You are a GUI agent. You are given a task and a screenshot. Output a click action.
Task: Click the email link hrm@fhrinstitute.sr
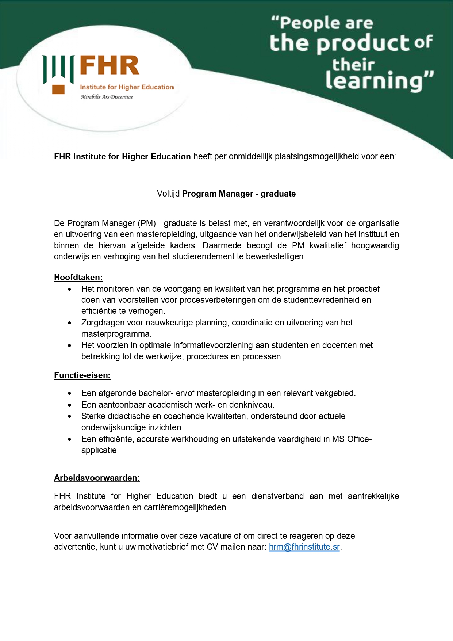304,547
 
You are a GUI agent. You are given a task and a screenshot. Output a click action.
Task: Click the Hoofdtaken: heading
78,277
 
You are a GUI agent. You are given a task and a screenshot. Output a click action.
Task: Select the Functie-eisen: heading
82,375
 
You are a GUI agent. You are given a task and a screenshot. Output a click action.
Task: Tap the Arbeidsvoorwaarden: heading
97,478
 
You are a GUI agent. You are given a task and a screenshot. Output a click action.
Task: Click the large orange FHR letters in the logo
109,65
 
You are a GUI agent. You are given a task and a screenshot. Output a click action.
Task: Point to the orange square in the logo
58,89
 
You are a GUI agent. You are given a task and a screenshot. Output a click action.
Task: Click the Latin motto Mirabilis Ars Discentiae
107,97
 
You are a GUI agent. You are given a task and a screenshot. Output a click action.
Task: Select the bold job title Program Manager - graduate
239,194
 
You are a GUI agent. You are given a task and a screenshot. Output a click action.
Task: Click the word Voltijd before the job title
168,194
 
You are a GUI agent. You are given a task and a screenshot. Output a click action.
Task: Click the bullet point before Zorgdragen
69,323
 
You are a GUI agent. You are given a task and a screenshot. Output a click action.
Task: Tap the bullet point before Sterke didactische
69,416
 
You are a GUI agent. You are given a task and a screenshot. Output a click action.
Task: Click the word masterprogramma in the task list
116,334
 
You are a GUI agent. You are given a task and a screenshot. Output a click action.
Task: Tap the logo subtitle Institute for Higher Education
127,87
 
